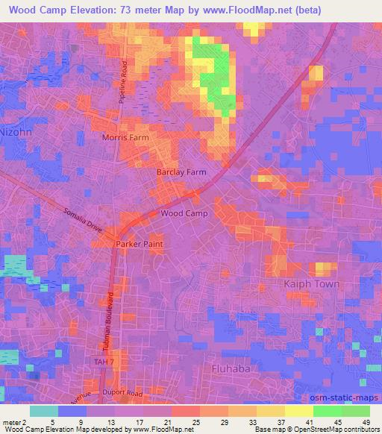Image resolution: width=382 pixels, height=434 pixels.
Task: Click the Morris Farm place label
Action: [x=125, y=139]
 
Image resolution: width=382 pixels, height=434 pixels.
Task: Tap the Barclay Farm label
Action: [x=181, y=172]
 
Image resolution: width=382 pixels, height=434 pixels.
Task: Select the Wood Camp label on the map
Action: [x=184, y=213]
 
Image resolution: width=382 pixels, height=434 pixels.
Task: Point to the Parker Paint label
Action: [x=138, y=244]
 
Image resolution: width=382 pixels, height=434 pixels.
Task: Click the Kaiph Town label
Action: [x=312, y=284]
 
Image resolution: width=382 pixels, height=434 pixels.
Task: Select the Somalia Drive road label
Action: [x=81, y=221]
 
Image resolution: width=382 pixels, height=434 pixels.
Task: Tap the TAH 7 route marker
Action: [x=106, y=362]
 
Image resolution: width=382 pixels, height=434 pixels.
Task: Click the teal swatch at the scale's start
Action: [x=44, y=410]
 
